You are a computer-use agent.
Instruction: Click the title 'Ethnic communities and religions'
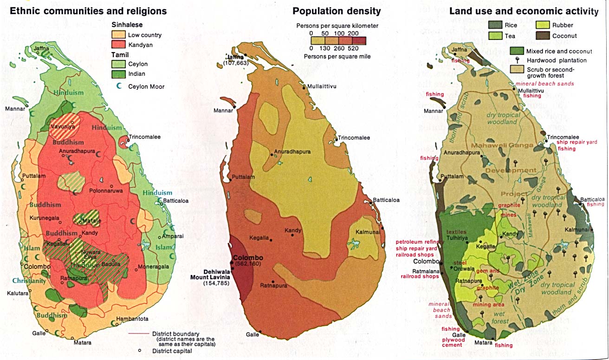tap(88, 11)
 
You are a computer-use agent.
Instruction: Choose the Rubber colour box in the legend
tap(543, 26)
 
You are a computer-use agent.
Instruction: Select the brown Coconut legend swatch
tap(543, 36)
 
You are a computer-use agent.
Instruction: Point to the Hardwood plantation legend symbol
tap(518, 60)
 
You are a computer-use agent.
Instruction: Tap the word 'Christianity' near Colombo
tap(29, 281)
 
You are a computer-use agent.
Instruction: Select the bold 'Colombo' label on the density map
tap(248, 258)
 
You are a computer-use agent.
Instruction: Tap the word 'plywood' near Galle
tap(452, 340)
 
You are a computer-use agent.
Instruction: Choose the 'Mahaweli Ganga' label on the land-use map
tap(509, 145)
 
